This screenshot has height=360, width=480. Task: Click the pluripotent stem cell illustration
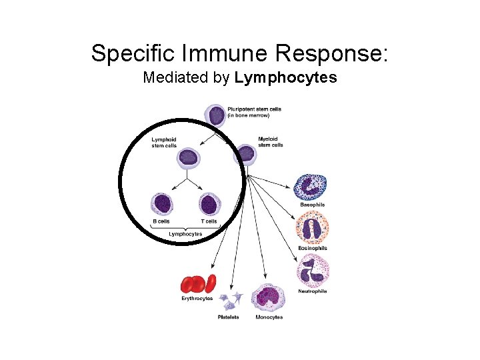[216, 115]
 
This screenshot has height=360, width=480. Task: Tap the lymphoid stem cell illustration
[188, 158]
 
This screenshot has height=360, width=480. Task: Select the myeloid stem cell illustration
[246, 154]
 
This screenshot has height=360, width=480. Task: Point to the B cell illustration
[162, 203]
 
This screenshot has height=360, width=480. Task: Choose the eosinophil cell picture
[312, 229]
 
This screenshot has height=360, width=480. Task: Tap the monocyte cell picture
[268, 297]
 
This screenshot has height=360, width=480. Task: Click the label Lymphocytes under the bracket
[185, 234]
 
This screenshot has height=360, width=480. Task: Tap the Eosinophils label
[312, 249]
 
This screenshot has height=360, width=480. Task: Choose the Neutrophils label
[313, 291]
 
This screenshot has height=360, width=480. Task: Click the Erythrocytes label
[197, 298]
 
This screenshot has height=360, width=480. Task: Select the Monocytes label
[269, 317]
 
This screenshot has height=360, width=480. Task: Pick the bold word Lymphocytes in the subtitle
[285, 78]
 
